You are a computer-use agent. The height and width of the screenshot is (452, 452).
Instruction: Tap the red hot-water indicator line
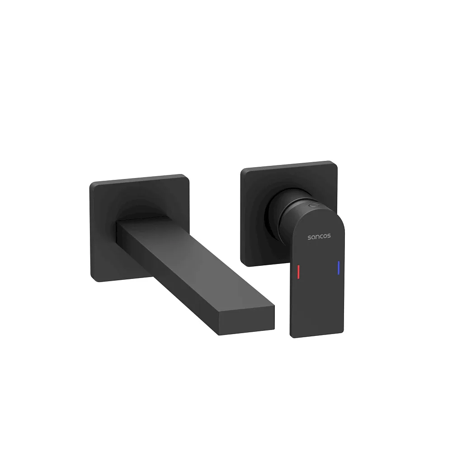point(298,272)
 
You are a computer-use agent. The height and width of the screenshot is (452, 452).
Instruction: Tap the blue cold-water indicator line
point(339,268)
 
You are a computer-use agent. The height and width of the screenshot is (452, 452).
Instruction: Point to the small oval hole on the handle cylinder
point(313,206)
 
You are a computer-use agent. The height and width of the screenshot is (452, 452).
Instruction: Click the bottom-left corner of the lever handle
point(291,336)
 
